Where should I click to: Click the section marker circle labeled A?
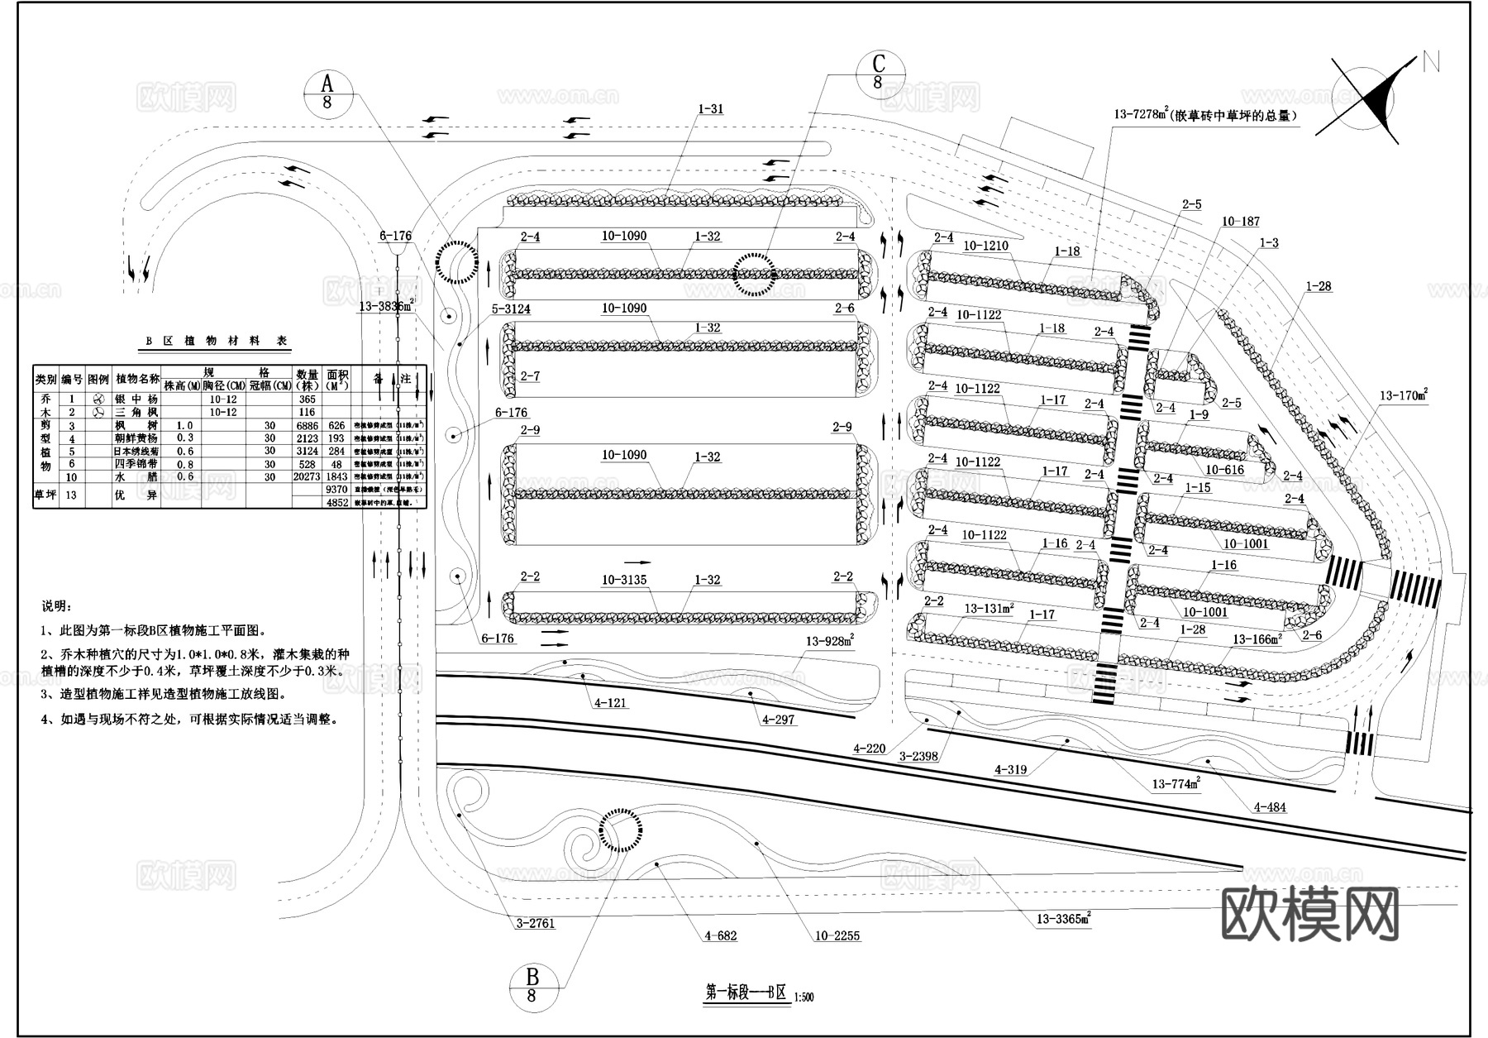327,92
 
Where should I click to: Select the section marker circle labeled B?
532,985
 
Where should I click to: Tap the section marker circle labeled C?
878,73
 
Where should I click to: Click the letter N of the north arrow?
1431,62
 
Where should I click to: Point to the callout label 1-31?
710,109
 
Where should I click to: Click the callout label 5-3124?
510,309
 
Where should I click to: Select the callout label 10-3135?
624,580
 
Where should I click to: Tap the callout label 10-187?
1240,222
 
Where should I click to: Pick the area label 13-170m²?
1404,396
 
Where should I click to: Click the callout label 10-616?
1224,470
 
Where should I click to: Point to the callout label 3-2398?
918,756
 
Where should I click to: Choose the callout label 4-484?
1270,807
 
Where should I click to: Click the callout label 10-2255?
837,936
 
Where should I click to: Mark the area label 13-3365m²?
1063,918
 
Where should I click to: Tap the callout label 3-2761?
535,923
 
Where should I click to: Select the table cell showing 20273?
307,477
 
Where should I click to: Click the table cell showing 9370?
336,490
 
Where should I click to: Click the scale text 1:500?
804,997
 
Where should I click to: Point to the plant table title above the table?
217,341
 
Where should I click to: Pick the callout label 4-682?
720,936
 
